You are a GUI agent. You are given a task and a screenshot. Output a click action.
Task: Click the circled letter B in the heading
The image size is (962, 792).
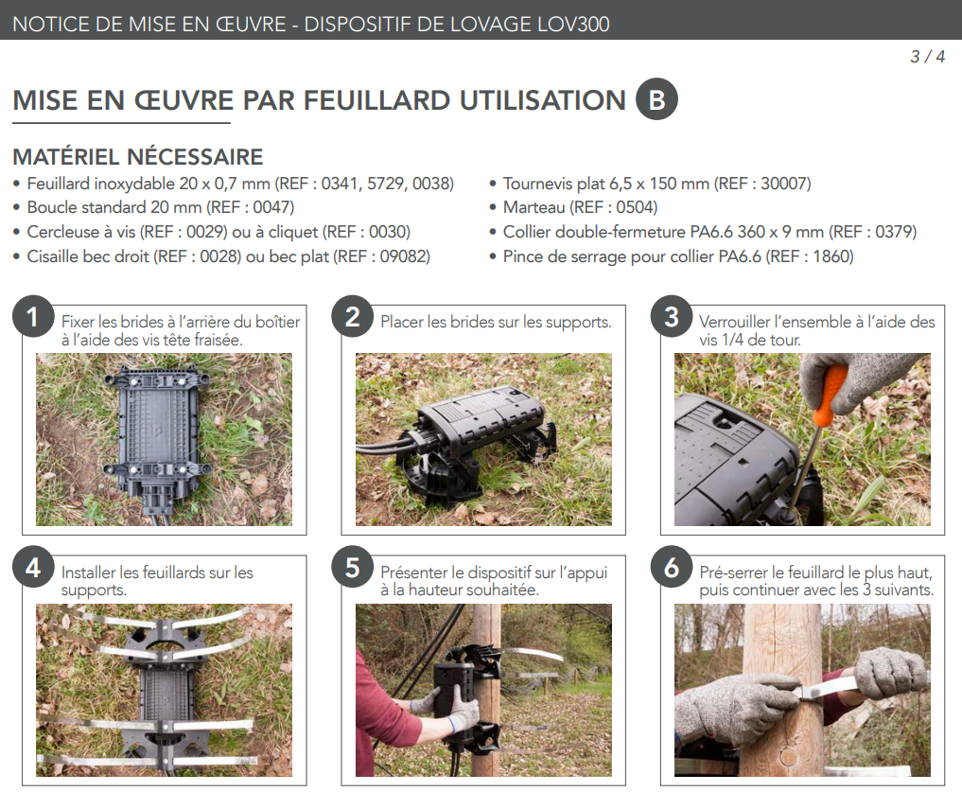[656, 99]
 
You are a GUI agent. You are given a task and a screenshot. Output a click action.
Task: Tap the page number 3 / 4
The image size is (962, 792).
[927, 57]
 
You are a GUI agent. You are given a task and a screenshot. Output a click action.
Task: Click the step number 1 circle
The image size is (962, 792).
[33, 317]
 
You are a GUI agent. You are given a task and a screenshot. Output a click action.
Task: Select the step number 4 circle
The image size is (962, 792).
[33, 568]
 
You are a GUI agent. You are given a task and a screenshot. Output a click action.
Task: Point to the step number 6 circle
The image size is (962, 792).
[672, 568]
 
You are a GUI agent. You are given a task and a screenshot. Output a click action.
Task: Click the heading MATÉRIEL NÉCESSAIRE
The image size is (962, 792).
[138, 156]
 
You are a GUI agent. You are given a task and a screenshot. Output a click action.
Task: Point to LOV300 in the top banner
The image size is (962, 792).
[573, 24]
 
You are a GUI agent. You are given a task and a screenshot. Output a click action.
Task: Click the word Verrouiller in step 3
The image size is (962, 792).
[734, 322]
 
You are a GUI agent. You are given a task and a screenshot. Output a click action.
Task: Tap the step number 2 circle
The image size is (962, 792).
[352, 317]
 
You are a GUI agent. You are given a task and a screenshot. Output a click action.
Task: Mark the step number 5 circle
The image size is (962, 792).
[352, 568]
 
